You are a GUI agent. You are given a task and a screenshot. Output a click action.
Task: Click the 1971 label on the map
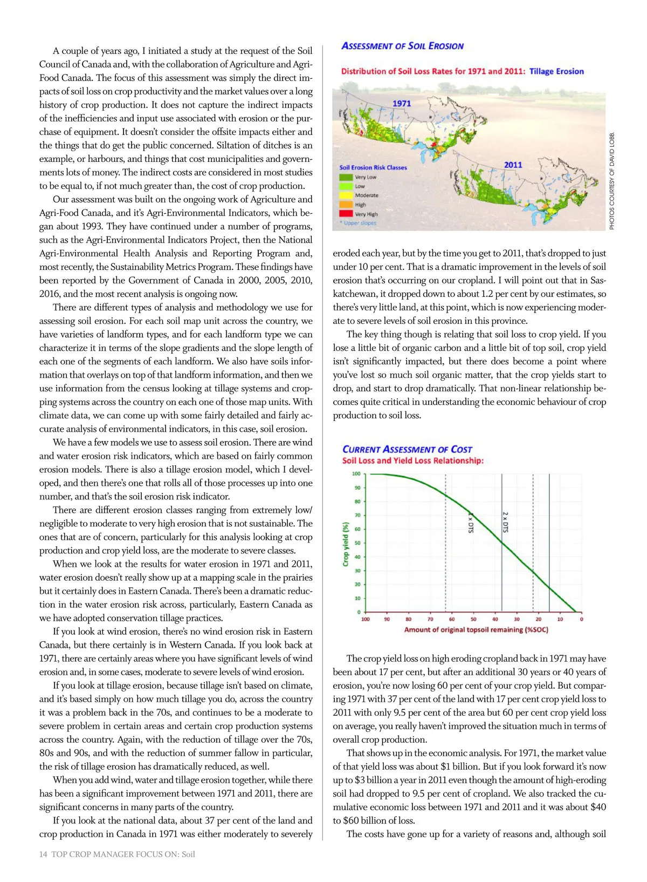click(402, 104)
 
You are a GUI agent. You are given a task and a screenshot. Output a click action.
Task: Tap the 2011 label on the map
click(513, 165)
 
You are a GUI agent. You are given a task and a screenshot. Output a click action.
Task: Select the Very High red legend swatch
click(346, 214)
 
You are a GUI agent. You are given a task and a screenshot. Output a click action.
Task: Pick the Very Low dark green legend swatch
click(346, 177)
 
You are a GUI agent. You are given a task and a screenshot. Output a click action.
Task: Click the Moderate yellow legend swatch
click(346, 195)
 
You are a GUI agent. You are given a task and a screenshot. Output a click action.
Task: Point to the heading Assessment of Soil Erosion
click(402, 46)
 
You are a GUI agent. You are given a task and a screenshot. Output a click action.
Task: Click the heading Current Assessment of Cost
click(407, 449)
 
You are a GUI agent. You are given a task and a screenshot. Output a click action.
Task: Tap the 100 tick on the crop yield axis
click(356, 474)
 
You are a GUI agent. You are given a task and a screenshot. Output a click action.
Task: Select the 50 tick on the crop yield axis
click(357, 543)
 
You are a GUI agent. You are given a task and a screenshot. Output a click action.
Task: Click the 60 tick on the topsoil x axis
click(452, 619)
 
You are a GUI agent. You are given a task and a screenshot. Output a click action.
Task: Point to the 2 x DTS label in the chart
click(505, 522)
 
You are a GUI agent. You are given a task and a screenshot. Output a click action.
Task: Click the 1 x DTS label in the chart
click(470, 522)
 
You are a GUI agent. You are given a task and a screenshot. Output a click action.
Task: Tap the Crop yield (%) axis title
click(346, 544)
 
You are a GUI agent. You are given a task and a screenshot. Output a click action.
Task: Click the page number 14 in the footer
click(43, 854)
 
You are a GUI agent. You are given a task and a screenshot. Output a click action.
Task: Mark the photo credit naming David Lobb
click(612, 181)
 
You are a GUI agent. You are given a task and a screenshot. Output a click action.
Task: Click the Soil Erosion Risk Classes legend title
click(373, 167)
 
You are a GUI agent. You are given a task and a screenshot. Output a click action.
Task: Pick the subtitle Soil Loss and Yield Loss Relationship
click(412, 461)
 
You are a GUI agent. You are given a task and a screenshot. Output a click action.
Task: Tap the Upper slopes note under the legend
click(359, 223)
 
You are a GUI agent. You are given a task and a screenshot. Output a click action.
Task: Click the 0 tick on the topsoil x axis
click(581, 619)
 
